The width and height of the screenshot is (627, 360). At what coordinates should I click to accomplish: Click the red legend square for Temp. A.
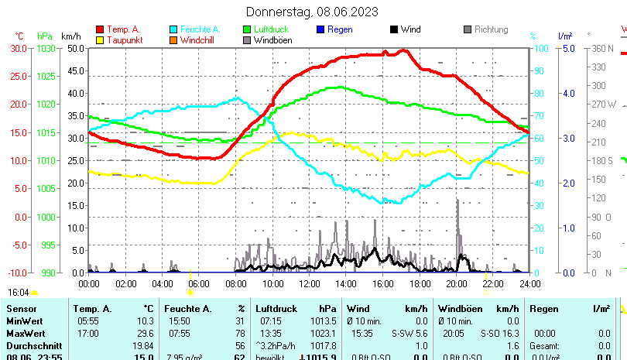pos(100,29)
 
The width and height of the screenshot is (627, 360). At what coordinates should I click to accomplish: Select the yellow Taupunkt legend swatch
pos(100,39)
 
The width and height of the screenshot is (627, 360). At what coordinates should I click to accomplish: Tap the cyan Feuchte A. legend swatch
pos(174,29)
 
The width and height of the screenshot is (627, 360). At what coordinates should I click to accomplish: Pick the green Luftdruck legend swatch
pos(247,29)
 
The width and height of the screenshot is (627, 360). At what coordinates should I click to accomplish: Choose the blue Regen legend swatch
pos(320,29)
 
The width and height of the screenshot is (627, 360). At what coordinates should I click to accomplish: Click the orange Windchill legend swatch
pos(174,39)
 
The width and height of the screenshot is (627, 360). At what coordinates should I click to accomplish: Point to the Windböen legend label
pos(272,39)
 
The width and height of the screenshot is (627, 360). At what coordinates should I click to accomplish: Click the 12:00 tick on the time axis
pos(309,283)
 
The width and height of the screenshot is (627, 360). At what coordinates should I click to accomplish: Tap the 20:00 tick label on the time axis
pos(456,283)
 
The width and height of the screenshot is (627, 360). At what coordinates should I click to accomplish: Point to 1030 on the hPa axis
pos(46,48)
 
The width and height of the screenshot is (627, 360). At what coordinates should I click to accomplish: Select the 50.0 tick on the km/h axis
pos(75,48)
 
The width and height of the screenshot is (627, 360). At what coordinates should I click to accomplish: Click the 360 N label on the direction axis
pos(601,48)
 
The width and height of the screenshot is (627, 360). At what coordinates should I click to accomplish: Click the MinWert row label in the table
pos(22,321)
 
